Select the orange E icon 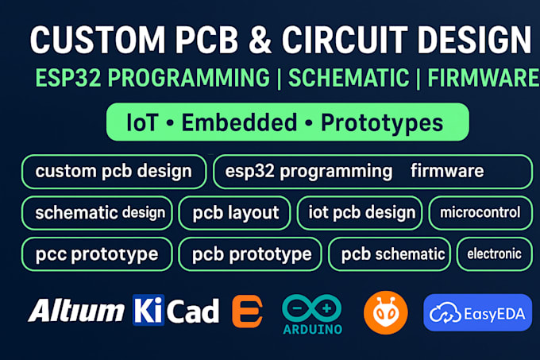(247, 312)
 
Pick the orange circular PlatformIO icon (385, 312)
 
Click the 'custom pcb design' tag (114, 171)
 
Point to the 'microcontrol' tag (480, 212)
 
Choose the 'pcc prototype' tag (97, 254)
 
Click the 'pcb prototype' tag (250, 254)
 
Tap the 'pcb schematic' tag (392, 254)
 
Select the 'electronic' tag (494, 254)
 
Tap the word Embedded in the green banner (245, 122)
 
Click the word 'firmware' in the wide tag (446, 171)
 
